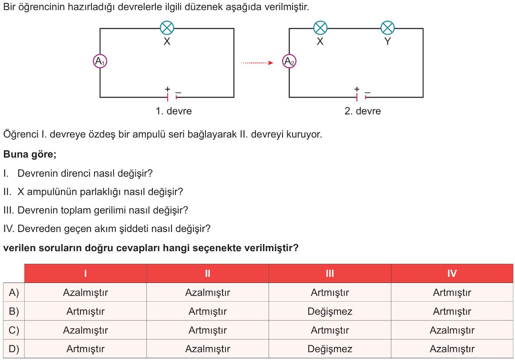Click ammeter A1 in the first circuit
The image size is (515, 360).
pyautogui.click(x=100, y=61)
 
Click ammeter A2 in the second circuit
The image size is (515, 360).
pyautogui.click(x=289, y=61)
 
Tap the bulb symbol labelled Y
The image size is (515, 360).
pyautogui.click(x=387, y=28)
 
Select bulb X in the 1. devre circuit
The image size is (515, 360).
pyautogui.click(x=167, y=28)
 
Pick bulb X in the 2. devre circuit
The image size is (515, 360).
pyautogui.click(x=320, y=28)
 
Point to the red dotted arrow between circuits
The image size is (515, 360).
pyautogui.click(x=257, y=63)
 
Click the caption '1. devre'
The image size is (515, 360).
pyautogui.click(x=173, y=111)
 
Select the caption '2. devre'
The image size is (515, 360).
pyautogui.click(x=363, y=111)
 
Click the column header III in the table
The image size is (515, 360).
pyautogui.click(x=330, y=273)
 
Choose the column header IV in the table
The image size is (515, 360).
pyautogui.click(x=452, y=273)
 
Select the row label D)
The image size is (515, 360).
pyautogui.click(x=14, y=349)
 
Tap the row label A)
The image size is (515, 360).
pyautogui.click(x=14, y=293)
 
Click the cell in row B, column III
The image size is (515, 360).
pyautogui.click(x=330, y=311)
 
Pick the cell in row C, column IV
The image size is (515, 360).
pyautogui.click(x=452, y=330)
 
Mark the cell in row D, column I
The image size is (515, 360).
pyautogui.click(x=85, y=349)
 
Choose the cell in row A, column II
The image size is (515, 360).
pyautogui.click(x=208, y=293)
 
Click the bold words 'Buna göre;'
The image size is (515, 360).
pyautogui.click(x=30, y=155)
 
